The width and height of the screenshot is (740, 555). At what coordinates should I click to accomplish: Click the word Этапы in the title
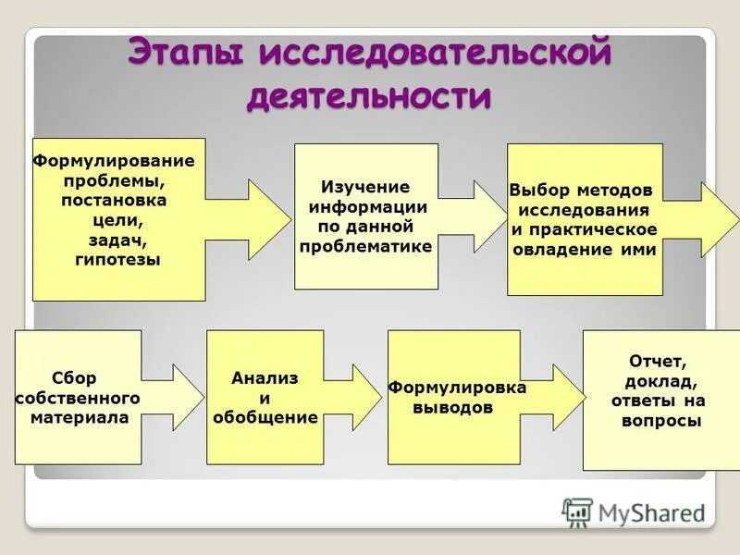(x=185, y=53)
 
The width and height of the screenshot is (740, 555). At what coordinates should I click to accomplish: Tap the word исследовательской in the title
(x=436, y=53)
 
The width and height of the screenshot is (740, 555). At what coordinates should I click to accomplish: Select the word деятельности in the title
(x=369, y=96)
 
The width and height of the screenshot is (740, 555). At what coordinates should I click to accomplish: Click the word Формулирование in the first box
(x=114, y=160)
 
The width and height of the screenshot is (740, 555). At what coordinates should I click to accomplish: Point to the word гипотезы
(x=117, y=260)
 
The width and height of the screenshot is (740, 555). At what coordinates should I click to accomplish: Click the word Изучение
(x=364, y=187)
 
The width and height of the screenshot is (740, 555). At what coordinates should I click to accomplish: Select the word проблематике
(x=365, y=247)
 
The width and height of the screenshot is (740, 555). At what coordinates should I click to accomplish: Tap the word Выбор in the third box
(x=535, y=191)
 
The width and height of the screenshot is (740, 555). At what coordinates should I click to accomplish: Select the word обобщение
(x=265, y=417)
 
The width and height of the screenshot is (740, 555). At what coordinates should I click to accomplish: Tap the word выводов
(x=452, y=407)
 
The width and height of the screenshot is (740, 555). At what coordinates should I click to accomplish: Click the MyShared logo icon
(x=577, y=512)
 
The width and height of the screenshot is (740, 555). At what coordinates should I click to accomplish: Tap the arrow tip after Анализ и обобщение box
(x=379, y=397)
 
